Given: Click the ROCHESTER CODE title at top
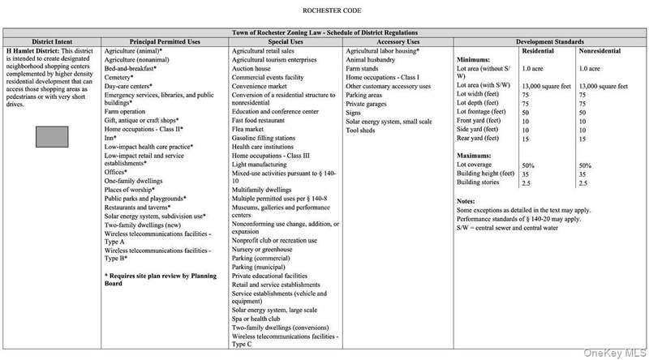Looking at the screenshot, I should pos(324,12).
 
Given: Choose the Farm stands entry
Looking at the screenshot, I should pos(365,69).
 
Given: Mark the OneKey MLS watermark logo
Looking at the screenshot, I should pos(617,350).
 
